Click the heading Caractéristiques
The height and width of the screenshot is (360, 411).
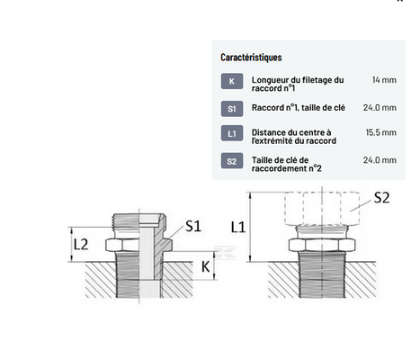click(x=251, y=58)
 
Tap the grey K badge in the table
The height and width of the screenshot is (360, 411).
click(x=232, y=81)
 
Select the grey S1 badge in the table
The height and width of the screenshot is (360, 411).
click(x=232, y=109)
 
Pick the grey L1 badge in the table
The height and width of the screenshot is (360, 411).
click(x=232, y=133)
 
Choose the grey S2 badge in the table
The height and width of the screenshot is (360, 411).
click(x=232, y=161)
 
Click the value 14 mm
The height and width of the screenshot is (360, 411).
click(x=384, y=80)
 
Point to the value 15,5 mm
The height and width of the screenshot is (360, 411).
click(x=381, y=132)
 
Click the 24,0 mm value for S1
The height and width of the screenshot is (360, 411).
click(x=380, y=107)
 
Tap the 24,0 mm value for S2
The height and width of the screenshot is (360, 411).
click(x=380, y=160)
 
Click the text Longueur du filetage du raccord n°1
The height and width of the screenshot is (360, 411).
click(x=298, y=85)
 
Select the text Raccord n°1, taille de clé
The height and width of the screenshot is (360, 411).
click(x=299, y=108)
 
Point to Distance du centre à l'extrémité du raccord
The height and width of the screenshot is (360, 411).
click(x=294, y=137)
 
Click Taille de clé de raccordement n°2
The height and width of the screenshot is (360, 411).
click(x=287, y=164)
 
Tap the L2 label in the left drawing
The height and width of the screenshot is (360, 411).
click(x=81, y=245)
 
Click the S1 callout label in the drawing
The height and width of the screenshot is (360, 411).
click(x=193, y=226)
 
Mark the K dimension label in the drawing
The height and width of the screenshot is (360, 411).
click(x=205, y=266)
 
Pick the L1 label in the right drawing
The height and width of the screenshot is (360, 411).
click(x=238, y=227)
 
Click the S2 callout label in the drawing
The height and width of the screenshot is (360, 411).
click(x=381, y=198)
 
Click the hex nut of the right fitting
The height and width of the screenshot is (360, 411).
click(x=322, y=245)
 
